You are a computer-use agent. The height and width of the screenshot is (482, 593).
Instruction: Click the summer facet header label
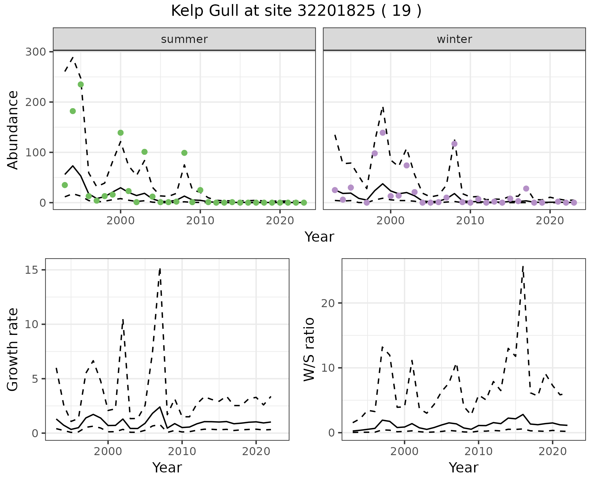coord(184,39)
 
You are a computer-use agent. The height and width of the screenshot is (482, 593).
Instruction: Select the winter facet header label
coord(454,39)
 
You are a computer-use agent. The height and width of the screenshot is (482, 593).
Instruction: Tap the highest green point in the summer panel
coord(81,84)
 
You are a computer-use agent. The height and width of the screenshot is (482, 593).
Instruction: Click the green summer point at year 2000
coord(120,133)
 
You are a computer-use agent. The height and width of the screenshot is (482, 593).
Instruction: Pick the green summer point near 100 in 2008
coord(184,153)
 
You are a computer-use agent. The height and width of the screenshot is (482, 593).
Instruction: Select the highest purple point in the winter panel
coord(383,133)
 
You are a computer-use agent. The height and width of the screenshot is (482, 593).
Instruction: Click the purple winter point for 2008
coord(454,144)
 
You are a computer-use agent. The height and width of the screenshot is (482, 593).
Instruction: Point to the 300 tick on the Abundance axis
coord(35,52)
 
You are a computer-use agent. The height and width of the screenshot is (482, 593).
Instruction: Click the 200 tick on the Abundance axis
coord(35,102)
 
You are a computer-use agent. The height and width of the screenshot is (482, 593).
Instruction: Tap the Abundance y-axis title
coord(13,130)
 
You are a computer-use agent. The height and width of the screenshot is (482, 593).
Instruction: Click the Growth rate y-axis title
coord(13,349)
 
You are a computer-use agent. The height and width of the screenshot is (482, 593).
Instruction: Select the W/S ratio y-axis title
coord(309,349)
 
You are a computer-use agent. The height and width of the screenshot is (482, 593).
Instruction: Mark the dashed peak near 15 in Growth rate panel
coord(160,268)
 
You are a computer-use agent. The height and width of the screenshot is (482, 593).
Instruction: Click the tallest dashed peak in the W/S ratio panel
coord(523,266)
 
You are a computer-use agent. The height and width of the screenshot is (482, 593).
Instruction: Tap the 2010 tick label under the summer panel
coord(200,221)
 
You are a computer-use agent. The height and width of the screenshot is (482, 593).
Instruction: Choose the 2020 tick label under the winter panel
coord(550,221)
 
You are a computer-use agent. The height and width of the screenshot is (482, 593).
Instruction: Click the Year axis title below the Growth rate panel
coord(167,467)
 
